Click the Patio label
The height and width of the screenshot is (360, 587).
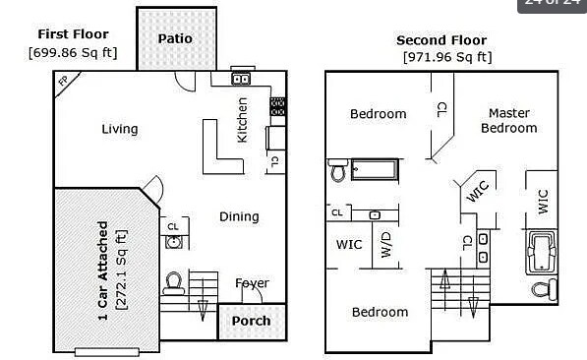pos(175,39)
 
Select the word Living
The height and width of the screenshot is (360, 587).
pos(120,129)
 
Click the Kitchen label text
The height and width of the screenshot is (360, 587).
pos(243,119)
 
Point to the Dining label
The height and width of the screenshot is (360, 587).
pos(239,216)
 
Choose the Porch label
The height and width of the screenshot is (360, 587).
pos(251,322)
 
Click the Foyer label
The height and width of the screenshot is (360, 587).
pos(252,283)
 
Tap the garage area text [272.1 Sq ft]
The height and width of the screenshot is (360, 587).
pos(121,270)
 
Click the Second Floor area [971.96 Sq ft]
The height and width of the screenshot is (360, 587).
pos(447,57)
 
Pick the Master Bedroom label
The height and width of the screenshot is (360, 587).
pos(508,121)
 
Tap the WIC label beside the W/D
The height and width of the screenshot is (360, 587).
pos(349,244)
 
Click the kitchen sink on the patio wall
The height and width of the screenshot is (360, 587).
pos(241,79)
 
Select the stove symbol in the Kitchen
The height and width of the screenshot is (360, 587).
pos(277,105)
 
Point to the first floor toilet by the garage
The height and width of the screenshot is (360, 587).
pos(174,283)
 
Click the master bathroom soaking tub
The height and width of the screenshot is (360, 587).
pos(542,252)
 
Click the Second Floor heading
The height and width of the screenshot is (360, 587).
pos(440,40)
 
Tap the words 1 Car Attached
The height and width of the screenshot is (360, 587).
pos(102,270)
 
